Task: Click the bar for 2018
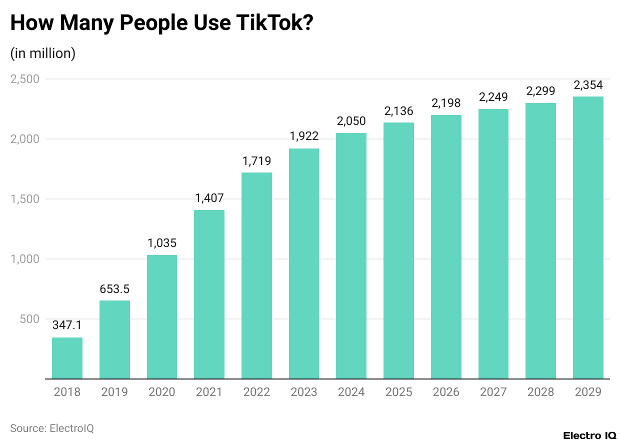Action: [x=67, y=358]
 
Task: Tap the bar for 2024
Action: [x=351, y=255]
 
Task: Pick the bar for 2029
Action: [x=588, y=237]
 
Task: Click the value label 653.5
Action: [x=114, y=289]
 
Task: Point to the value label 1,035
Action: [x=161, y=243]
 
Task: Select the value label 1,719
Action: [x=256, y=161]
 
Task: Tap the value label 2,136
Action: [x=398, y=111]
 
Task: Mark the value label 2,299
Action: [x=540, y=91]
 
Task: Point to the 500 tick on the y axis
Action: [x=30, y=319]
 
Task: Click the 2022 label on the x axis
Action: [x=256, y=392]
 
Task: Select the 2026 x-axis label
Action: [x=446, y=392]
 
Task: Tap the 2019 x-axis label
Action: [x=114, y=392]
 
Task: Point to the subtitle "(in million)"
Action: [x=42, y=53]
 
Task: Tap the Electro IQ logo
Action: [x=589, y=435]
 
